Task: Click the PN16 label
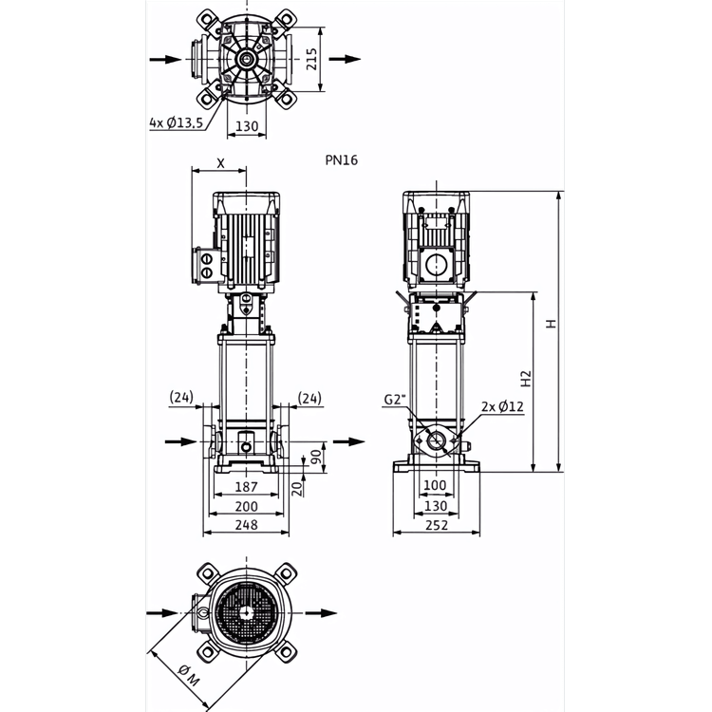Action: click(342, 160)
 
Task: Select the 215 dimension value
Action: click(311, 60)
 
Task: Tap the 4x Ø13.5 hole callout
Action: click(177, 123)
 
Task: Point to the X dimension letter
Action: click(220, 163)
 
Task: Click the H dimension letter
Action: click(551, 324)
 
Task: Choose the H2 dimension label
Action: click(525, 379)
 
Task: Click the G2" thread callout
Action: click(394, 400)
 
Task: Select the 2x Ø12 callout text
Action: click(502, 406)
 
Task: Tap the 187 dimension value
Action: click(246, 487)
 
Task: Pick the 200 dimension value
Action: click(246, 506)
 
